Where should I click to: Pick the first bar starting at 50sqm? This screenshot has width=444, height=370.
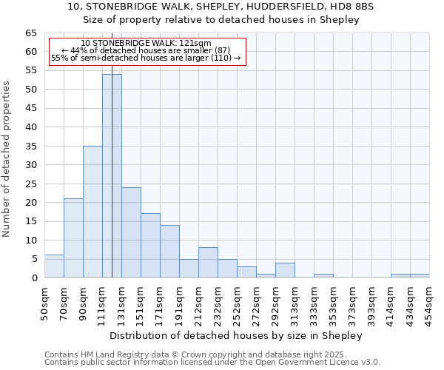(x=54, y=266)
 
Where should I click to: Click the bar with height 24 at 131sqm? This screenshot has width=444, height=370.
(x=131, y=232)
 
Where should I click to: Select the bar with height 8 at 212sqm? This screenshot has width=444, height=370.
(x=208, y=263)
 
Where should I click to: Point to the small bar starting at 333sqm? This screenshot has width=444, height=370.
(x=323, y=275)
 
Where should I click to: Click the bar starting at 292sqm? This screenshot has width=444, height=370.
(x=285, y=270)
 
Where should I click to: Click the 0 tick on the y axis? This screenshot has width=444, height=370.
(x=34, y=278)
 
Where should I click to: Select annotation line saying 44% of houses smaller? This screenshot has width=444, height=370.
(x=146, y=50)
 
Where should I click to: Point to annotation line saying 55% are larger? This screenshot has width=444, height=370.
(x=146, y=58)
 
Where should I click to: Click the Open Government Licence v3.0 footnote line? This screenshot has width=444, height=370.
(x=212, y=363)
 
